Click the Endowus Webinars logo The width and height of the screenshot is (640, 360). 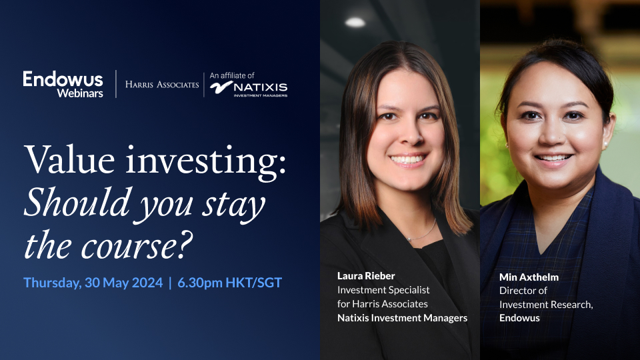tap(63, 85)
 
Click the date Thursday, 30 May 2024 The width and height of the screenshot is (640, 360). tap(93, 283)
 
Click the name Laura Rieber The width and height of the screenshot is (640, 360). tap(365, 275)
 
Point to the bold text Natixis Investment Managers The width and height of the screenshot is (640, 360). tap(402, 318)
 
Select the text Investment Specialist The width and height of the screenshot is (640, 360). tap(383, 289)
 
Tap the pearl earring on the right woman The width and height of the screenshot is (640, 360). tap(605, 144)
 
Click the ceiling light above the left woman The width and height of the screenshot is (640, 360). tap(355, 22)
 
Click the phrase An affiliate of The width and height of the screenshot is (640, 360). tap(232, 75)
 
